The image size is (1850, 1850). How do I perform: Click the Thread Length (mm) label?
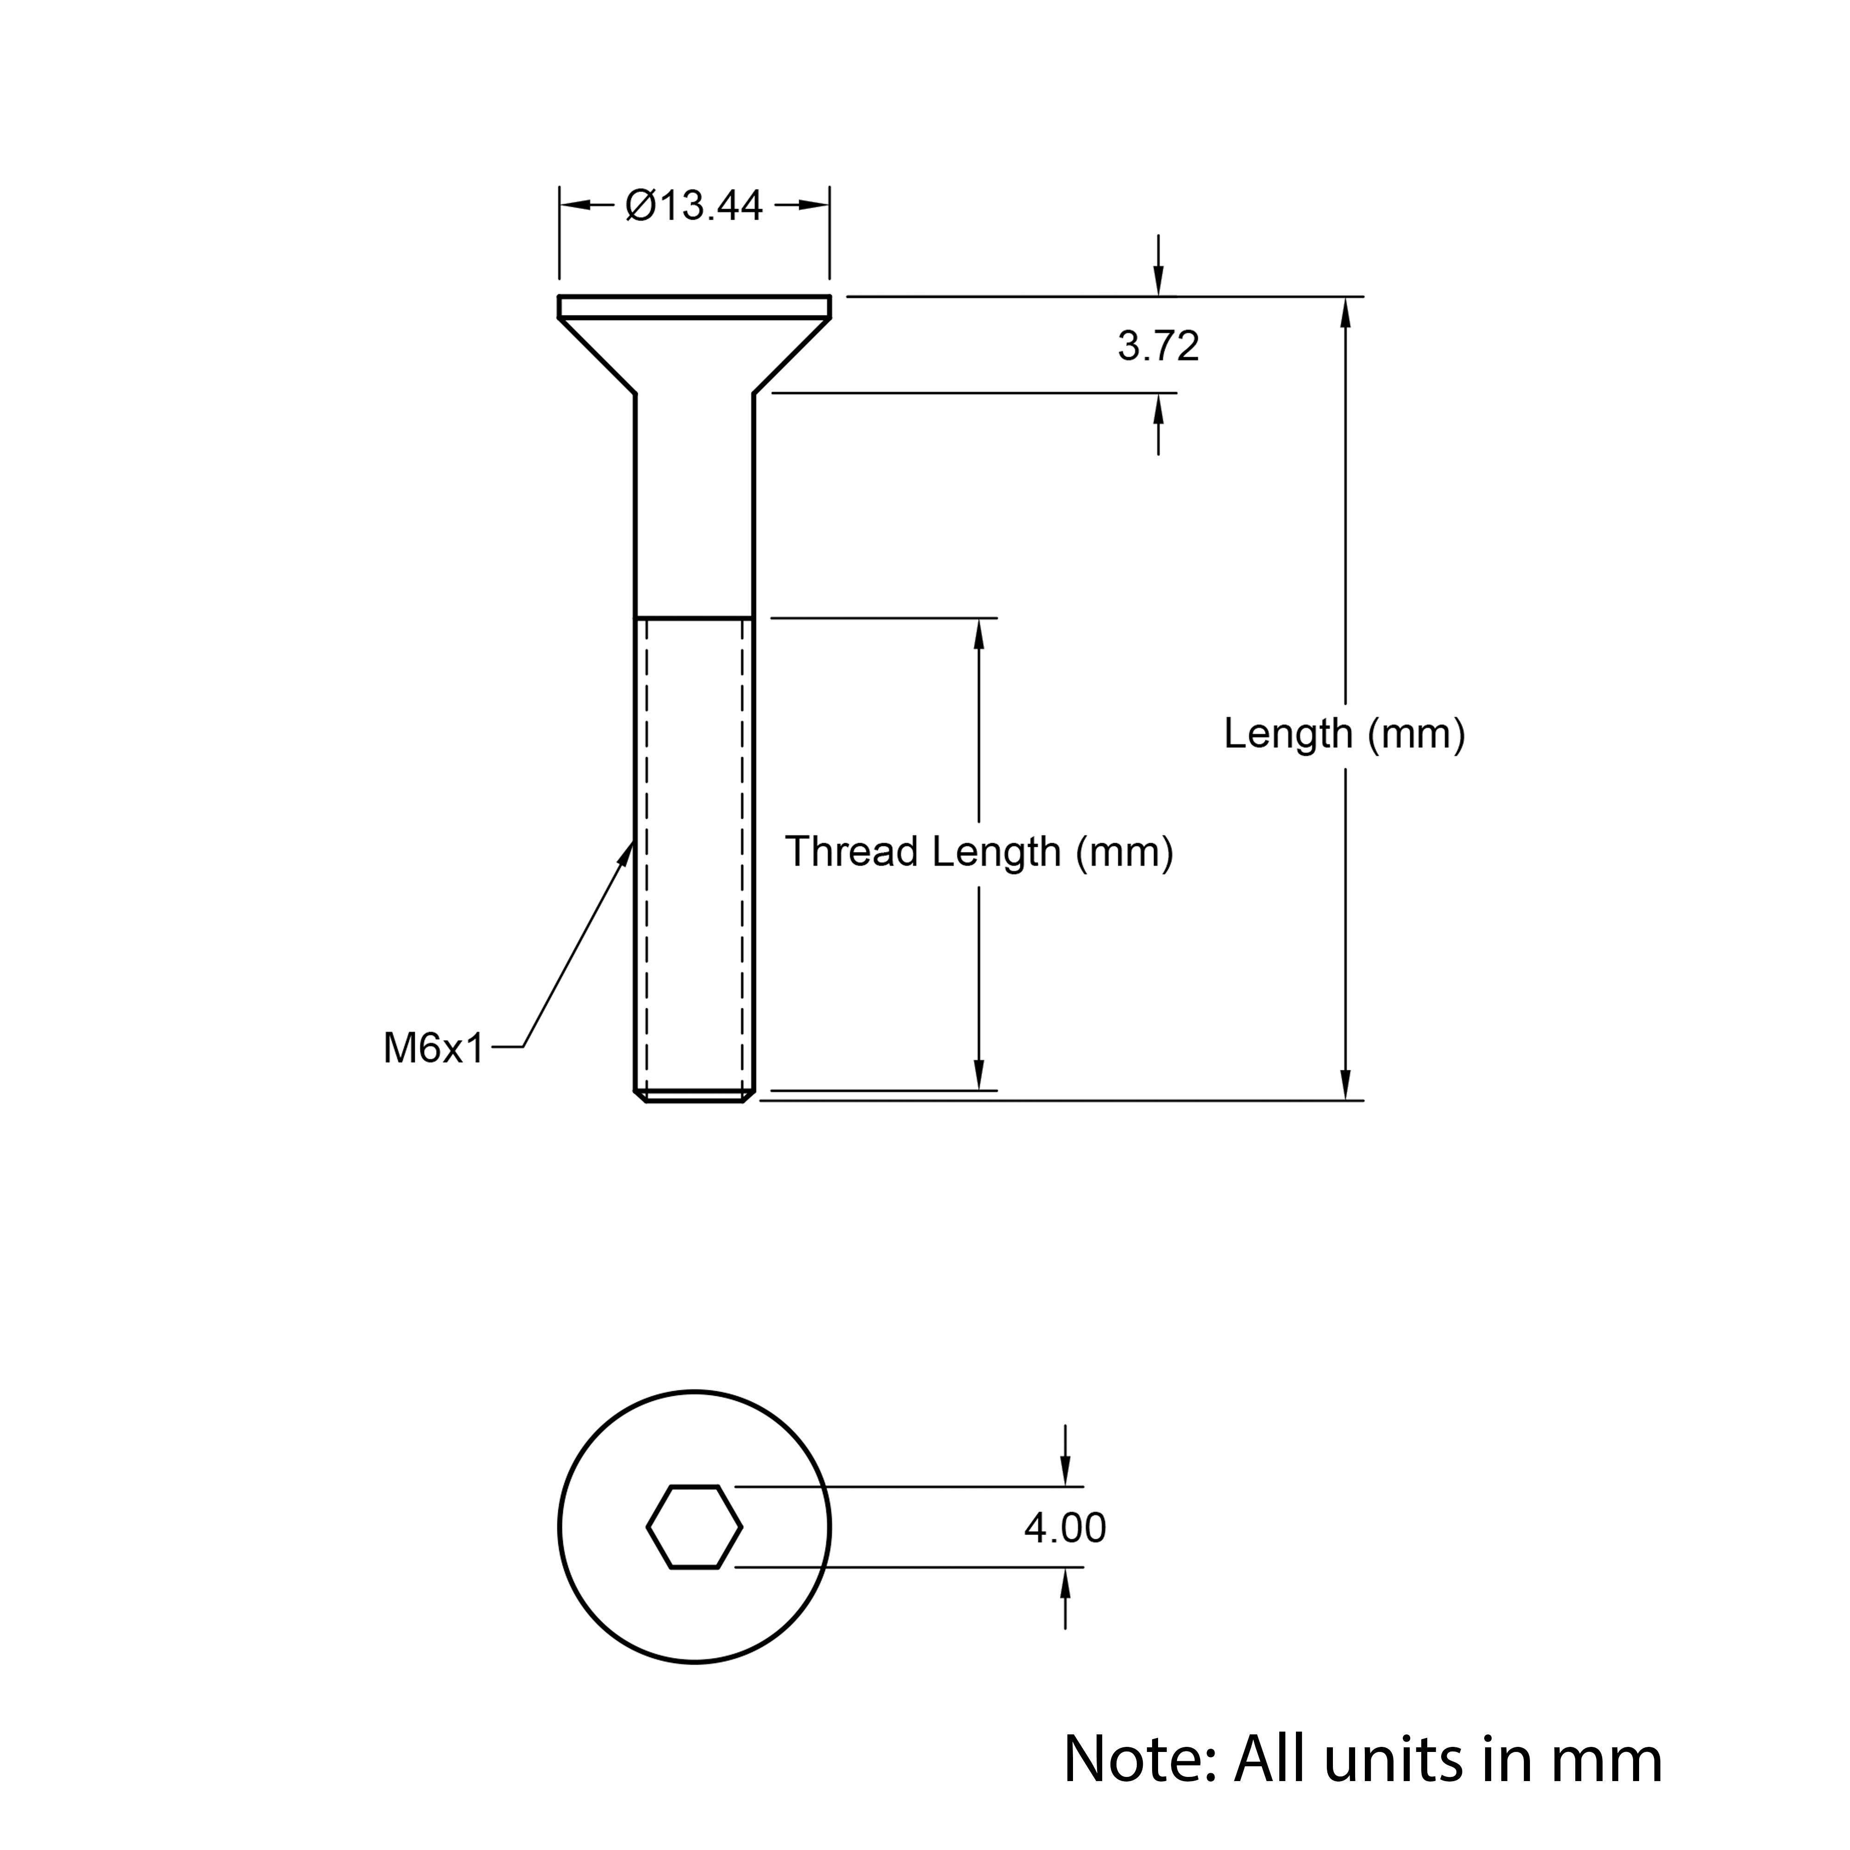979,851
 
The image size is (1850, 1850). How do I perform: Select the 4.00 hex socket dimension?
1065,1527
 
